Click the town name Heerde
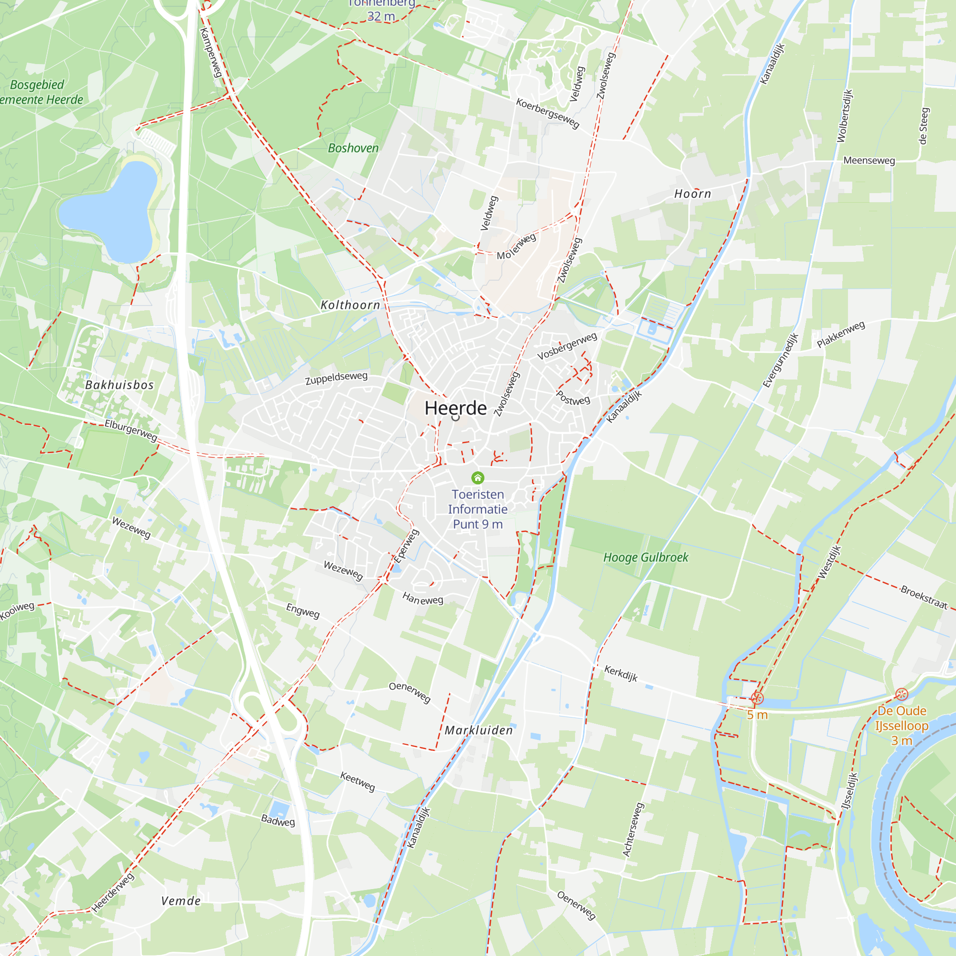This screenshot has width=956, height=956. pyautogui.click(x=455, y=408)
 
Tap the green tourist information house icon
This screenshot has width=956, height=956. pyautogui.click(x=478, y=478)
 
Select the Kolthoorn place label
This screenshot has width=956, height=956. pyautogui.click(x=350, y=305)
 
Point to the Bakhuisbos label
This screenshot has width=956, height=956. pyautogui.click(x=119, y=385)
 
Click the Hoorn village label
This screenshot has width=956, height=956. pyautogui.click(x=693, y=194)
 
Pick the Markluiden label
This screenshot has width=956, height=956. pyautogui.click(x=478, y=730)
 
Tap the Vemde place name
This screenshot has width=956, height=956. pyautogui.click(x=181, y=901)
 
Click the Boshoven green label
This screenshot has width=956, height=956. pyautogui.click(x=353, y=148)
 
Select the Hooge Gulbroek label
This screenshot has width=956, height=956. pyautogui.click(x=646, y=558)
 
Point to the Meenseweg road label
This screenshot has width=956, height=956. pyautogui.click(x=869, y=160)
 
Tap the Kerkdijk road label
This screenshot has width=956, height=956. pyautogui.click(x=621, y=673)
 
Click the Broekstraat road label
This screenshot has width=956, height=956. pyautogui.click(x=924, y=597)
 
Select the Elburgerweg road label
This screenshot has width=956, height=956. pyautogui.click(x=130, y=430)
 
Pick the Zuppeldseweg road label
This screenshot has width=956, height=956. pyautogui.click(x=336, y=378)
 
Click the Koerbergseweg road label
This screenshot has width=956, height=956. pyautogui.click(x=547, y=113)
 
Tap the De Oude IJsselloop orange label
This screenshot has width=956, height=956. pyautogui.click(x=902, y=726)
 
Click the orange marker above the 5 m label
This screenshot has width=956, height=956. pyautogui.click(x=757, y=698)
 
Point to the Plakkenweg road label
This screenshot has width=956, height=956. pyautogui.click(x=841, y=334)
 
